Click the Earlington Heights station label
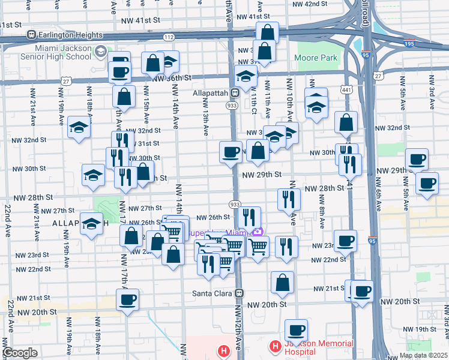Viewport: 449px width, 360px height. coord(63,35)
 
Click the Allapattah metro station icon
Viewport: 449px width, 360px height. coord(236,93)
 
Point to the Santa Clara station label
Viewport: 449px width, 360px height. coord(213,293)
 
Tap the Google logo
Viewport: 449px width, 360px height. coord(20,353)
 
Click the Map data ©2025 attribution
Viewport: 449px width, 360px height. coord(423,355)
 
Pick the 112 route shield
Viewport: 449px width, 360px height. coord(169,37)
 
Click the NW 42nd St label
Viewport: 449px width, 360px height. coord(309,4)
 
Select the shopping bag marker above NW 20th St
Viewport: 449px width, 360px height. coord(282,282)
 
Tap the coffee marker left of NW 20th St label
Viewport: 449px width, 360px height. coord(127,299)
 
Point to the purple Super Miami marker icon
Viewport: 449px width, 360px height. coord(258,232)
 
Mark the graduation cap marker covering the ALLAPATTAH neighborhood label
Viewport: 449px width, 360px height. coord(91,224)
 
